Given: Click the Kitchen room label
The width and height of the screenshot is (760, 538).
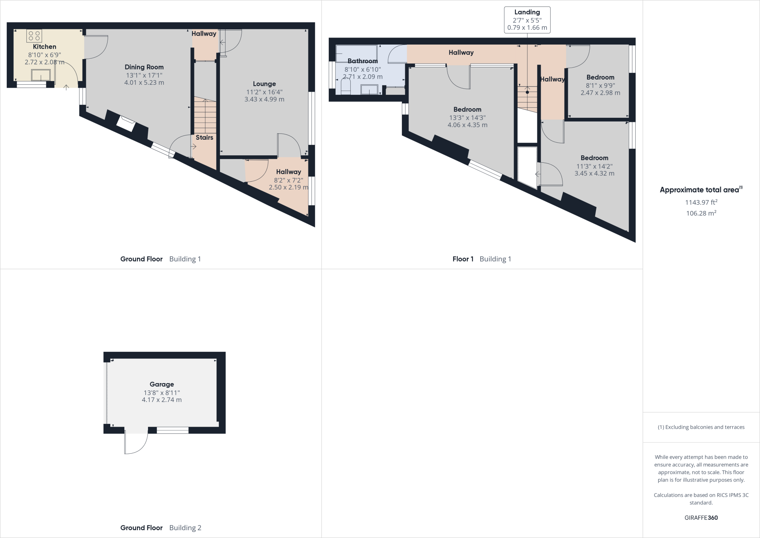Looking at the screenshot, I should coord(45,46).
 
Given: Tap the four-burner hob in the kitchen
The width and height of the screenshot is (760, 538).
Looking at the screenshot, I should coord(34,36).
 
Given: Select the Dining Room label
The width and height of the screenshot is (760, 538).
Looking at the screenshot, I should coord(144,67).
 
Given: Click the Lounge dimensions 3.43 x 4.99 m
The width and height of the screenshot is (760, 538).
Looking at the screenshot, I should coord(264,99).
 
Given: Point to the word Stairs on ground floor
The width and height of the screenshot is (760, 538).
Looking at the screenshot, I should coord(204,137).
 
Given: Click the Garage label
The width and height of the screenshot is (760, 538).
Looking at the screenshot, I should coord(162,384).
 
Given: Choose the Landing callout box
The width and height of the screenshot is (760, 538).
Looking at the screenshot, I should coord(527,20).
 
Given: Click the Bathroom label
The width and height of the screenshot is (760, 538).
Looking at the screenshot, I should coord(363,61).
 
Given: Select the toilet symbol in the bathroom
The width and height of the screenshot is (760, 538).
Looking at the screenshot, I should coord(345,87).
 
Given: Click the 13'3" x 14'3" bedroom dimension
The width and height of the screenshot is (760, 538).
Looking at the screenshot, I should coord(467,117).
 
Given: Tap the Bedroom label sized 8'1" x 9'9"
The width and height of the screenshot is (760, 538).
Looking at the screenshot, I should coord(600,77).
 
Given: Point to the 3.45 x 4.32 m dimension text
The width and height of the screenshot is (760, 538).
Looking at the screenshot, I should coord(594,173).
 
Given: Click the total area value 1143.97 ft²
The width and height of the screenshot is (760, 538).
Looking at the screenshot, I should coord(701,202).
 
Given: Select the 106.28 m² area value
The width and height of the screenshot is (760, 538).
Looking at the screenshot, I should coord(701,213).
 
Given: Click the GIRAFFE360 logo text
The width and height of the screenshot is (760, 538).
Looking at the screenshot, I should coord(701,518).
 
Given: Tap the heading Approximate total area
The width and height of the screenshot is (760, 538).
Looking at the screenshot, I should coord(700,190).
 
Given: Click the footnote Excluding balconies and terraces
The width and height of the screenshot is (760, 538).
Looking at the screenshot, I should coord(701,427).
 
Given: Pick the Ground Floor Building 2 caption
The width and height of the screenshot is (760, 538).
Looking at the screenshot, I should coord(161,528).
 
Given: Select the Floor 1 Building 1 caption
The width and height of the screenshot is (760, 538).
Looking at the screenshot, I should coord(482,259).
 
